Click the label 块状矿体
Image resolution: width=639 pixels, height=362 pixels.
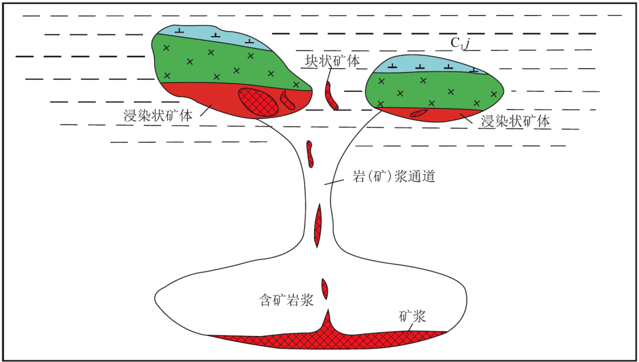(x=333, y=61)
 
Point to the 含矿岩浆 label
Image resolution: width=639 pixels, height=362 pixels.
(x=286, y=301)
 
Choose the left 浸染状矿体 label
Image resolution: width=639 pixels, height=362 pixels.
(x=157, y=116)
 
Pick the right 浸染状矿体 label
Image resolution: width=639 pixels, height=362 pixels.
(x=516, y=121)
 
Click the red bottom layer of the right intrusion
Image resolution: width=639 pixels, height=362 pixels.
(x=440, y=115)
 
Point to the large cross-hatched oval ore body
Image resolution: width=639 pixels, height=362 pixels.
(x=259, y=101)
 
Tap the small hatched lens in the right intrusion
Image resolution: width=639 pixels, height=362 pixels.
(x=419, y=113)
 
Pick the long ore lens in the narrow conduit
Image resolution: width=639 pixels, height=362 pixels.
(x=318, y=226)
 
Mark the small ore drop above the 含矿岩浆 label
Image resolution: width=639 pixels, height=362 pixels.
(x=325, y=289)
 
